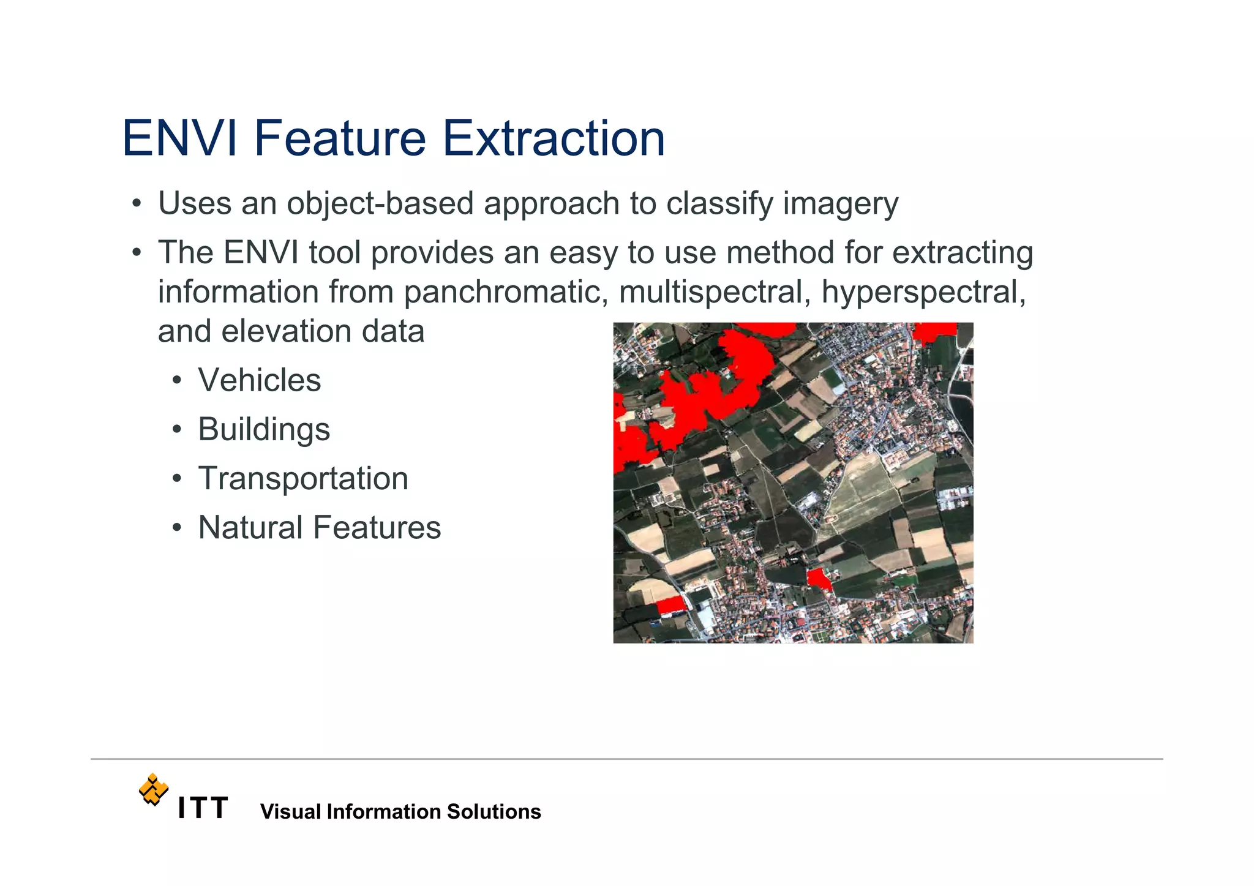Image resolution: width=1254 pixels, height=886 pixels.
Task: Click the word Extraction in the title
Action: (x=553, y=138)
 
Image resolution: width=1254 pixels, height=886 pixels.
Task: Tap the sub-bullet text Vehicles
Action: (x=259, y=380)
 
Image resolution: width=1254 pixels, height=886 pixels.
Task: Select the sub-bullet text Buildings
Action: (x=264, y=429)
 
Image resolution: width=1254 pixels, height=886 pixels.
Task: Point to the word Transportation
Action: (x=303, y=478)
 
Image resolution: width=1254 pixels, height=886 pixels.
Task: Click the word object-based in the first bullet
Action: (x=380, y=203)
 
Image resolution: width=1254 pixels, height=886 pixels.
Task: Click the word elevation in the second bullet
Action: (x=286, y=331)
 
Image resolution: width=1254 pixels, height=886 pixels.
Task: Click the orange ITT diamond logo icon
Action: (x=153, y=789)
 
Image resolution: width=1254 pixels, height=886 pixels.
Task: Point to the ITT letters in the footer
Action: (x=203, y=808)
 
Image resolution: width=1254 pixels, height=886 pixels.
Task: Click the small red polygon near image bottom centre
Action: (x=818, y=578)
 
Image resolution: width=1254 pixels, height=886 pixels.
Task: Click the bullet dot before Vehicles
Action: (x=177, y=381)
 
